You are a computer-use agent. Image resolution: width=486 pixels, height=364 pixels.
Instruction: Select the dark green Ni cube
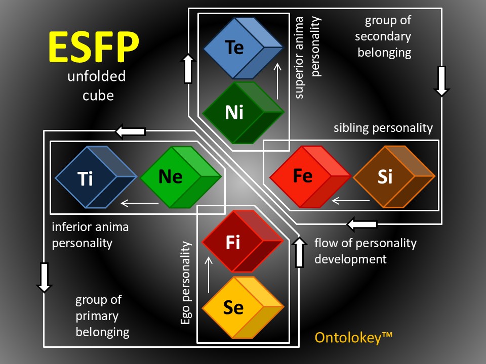click(243, 112)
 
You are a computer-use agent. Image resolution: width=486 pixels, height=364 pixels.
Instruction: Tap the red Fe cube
click(309, 176)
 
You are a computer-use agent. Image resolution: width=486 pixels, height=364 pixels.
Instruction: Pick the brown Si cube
click(393, 177)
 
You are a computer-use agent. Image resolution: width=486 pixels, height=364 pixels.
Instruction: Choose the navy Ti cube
click(96, 177)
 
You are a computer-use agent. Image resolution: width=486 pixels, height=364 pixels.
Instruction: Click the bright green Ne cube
click(180, 177)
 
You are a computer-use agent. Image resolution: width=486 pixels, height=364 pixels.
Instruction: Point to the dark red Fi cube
click(242, 242)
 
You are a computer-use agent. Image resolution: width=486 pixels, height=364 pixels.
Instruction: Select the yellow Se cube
click(242, 307)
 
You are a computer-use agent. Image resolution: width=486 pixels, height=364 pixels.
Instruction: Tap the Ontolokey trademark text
click(354, 337)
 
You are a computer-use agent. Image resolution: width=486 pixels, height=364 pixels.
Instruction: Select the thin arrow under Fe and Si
click(350, 201)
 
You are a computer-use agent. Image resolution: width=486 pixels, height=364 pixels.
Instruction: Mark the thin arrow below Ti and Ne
click(139, 204)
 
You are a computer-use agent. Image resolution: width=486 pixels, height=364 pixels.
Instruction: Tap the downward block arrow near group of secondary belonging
click(441, 80)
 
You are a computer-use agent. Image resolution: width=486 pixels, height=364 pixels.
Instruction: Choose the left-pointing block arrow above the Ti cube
click(131, 132)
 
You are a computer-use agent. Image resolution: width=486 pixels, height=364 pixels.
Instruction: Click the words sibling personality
click(383, 128)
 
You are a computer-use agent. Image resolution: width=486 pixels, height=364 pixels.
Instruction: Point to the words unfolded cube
click(96, 86)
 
